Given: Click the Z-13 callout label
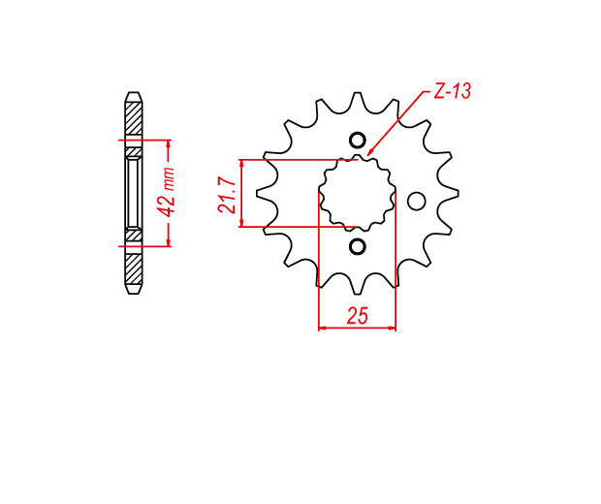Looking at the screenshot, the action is coord(452,91).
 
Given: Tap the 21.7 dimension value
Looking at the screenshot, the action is coord(227,195).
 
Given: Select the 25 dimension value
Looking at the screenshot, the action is coord(358,315).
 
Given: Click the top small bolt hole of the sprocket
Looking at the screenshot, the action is coord(357,141).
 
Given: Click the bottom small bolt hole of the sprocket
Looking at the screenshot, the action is coord(357,247).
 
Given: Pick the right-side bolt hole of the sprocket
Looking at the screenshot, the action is coord(416,202).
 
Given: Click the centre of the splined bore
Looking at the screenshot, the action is coord(358,194).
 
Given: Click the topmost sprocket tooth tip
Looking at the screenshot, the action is coord(358,93).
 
